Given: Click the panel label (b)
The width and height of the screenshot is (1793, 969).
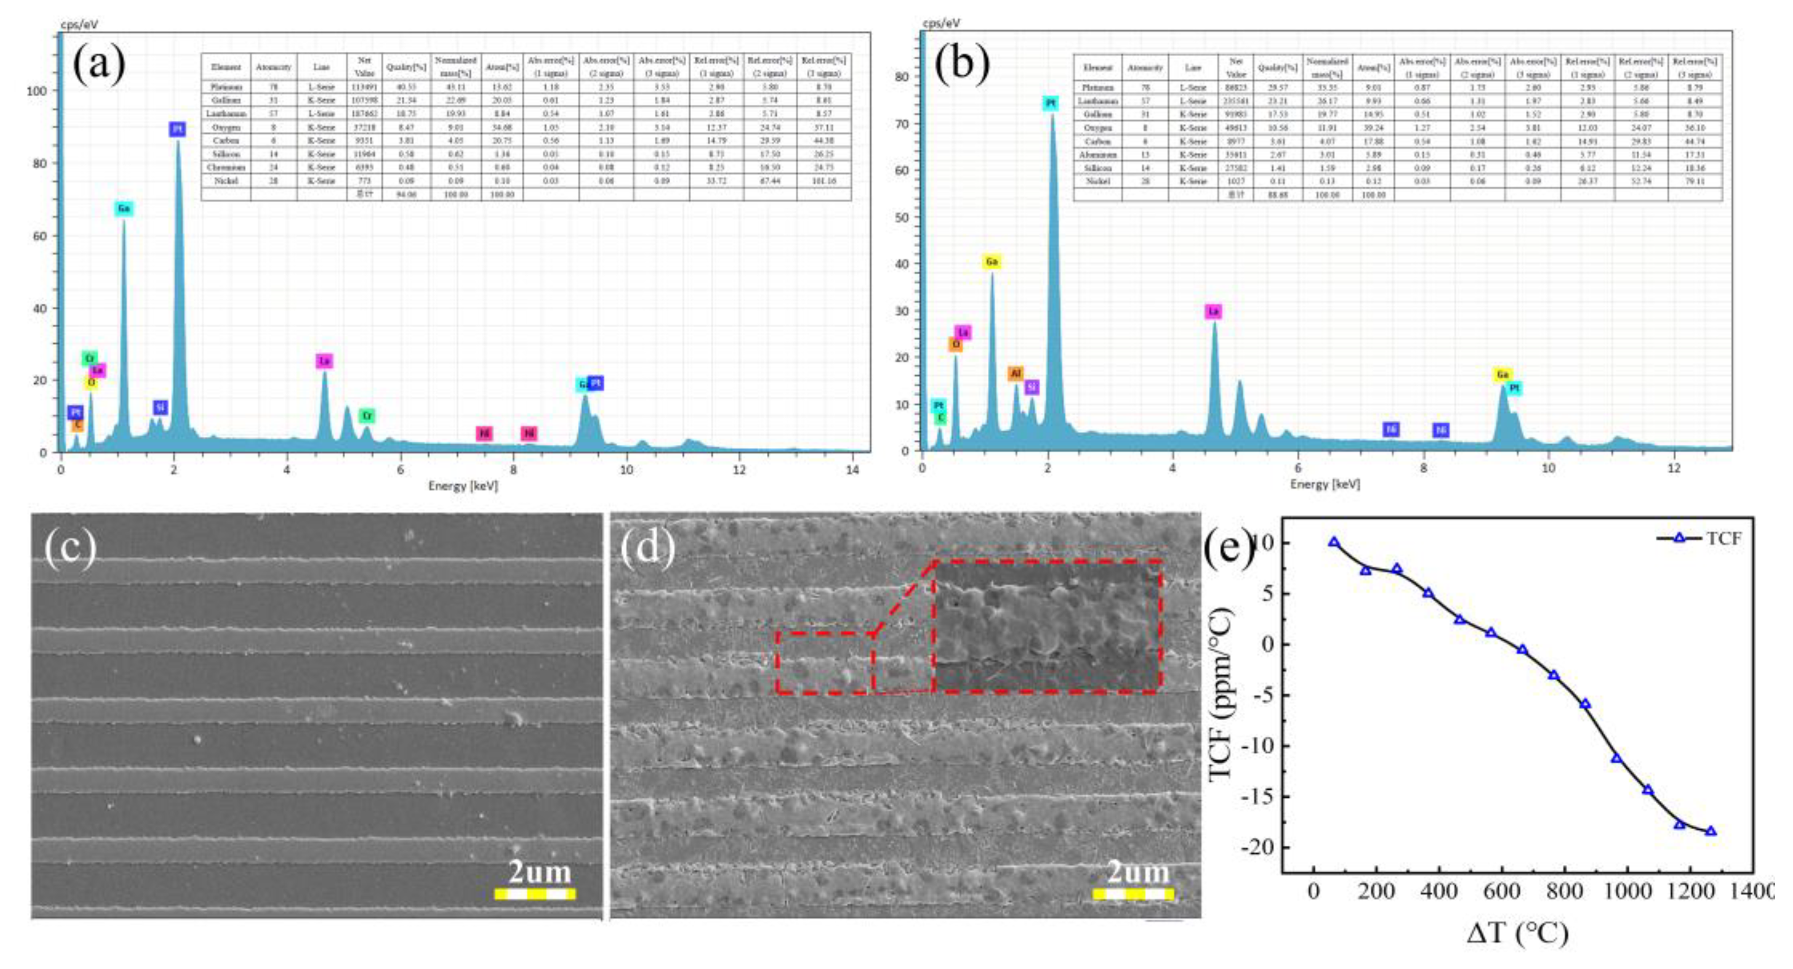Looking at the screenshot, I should (x=962, y=66).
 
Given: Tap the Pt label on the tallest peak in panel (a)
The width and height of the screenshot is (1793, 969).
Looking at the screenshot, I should (x=178, y=130).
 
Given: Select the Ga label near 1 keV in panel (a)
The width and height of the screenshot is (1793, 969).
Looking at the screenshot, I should (x=124, y=209).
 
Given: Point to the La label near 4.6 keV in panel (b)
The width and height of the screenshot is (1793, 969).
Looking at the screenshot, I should (x=1213, y=311).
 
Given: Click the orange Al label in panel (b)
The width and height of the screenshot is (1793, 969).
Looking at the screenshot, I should (x=1015, y=374).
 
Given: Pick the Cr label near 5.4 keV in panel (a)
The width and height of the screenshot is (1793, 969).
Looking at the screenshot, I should (x=367, y=416).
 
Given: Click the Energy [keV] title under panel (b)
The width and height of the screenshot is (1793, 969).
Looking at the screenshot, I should (x=1324, y=485).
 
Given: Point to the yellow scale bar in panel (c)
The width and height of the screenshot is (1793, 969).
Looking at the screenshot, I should (x=535, y=894).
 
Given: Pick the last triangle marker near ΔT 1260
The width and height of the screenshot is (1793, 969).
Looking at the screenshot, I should (x=1710, y=831).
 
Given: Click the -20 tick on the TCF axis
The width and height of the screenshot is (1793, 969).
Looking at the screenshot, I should (x=1256, y=847).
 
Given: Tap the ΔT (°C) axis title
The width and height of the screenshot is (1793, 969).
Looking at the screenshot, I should (x=1517, y=933).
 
